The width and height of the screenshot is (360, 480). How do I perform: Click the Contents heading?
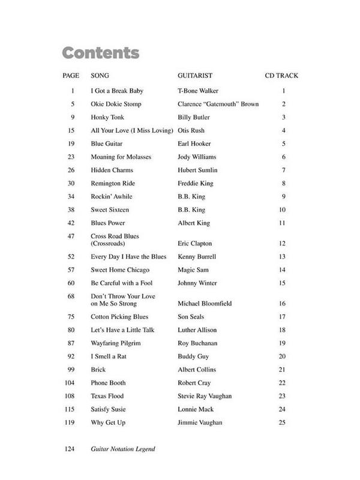(101, 53)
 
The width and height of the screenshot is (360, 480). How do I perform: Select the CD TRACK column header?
(281, 76)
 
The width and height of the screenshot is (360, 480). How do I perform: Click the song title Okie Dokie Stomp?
(116, 104)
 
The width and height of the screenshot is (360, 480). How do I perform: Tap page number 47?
(71, 237)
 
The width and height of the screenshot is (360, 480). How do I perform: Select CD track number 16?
(283, 304)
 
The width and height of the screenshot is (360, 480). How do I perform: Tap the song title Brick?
(98, 370)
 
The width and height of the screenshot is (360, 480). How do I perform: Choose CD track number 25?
(283, 422)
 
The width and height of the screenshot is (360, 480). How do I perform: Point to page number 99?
(71, 370)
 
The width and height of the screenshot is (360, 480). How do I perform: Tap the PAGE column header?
(71, 76)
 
